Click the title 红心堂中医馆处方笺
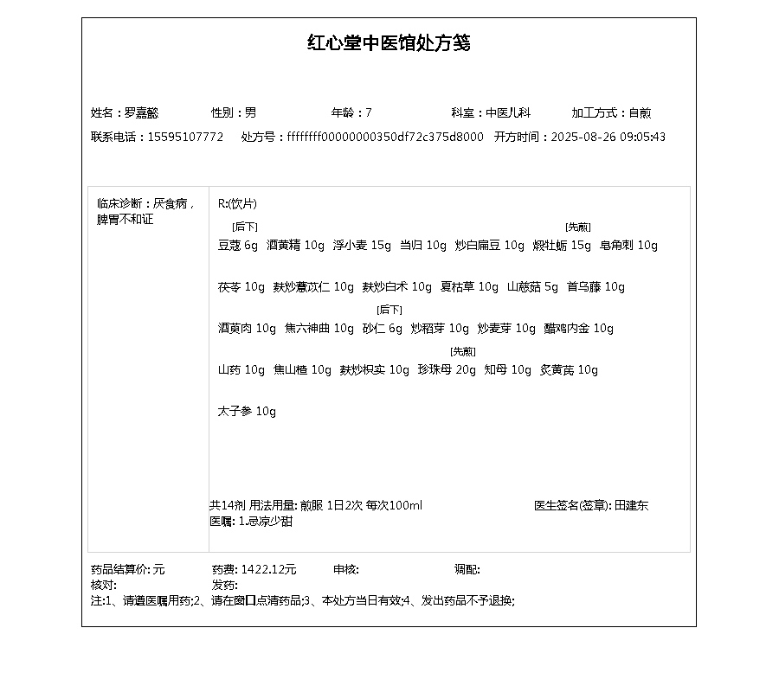point(389,43)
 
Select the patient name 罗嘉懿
point(142,112)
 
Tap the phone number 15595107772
point(185,137)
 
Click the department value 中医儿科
point(508,112)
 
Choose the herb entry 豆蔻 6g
point(238,246)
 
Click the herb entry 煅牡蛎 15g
point(562,246)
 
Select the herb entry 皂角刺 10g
point(628,246)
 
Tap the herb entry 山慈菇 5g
point(532,287)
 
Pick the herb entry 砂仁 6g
point(383,329)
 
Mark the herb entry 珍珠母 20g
point(447,370)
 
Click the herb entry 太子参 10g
point(247,412)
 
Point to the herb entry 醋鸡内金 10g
point(578,329)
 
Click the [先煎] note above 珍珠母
point(463,351)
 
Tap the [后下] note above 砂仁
point(389,310)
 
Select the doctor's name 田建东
point(631,505)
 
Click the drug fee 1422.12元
point(268,569)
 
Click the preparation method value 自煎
point(640,112)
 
